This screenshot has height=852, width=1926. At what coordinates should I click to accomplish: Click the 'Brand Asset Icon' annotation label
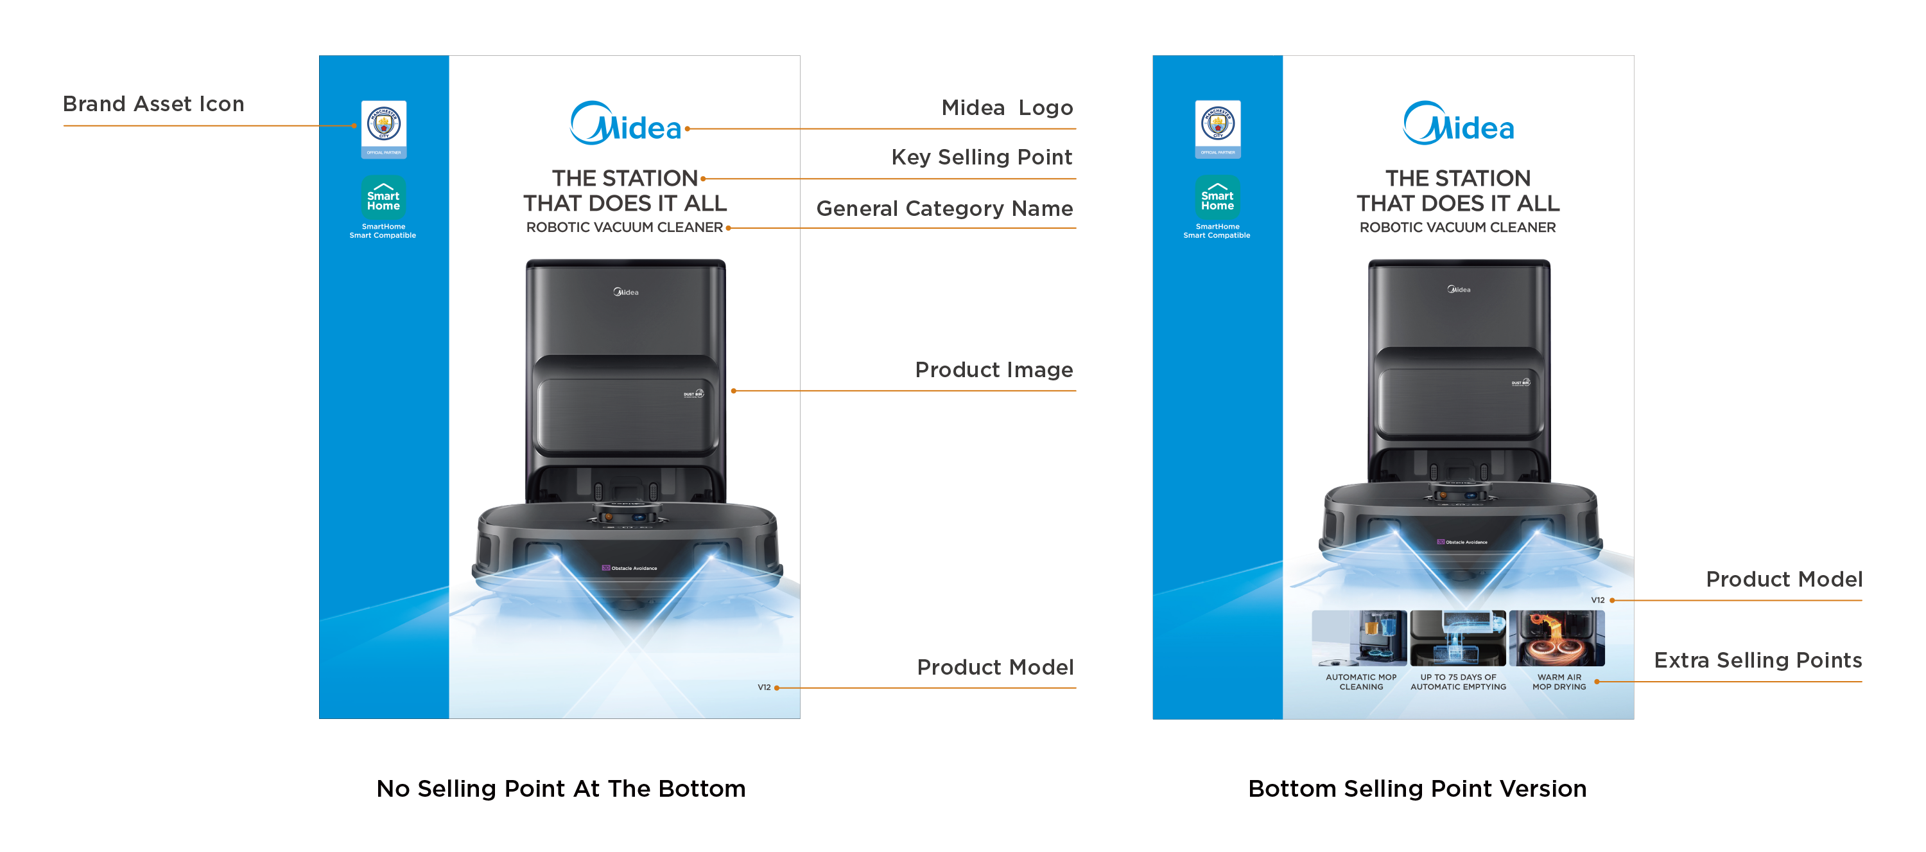153,104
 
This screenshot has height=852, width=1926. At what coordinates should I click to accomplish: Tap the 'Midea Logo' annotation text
1007,108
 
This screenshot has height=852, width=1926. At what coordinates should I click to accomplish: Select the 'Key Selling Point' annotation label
981,157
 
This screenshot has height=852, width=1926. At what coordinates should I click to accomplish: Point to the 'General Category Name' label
944,209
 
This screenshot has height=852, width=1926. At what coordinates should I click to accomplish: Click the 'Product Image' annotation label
994,369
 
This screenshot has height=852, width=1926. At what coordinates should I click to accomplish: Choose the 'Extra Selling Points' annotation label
1757,661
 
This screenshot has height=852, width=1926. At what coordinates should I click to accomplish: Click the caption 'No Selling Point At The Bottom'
560,788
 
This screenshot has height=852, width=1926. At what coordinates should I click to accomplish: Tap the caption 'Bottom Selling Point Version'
1417,788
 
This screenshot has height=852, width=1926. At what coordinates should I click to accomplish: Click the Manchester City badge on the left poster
383,125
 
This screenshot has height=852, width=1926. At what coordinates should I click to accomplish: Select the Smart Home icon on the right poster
1217,197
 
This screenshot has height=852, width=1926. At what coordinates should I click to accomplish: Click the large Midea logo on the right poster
1458,124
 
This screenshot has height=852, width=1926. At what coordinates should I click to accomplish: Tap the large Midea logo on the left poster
626,124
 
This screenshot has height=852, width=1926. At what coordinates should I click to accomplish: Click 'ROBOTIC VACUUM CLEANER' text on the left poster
624,227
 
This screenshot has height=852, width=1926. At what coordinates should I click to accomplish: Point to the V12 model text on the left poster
763,688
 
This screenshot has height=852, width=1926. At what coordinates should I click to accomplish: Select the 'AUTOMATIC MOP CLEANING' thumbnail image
1359,638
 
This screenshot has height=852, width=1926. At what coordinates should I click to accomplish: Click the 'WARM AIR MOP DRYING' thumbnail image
1557,638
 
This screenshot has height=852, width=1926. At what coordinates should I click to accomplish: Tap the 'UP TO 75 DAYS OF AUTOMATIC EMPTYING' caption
1458,682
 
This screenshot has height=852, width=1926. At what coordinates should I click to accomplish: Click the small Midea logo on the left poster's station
626,292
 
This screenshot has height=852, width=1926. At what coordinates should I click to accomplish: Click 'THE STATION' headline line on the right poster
1457,178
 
